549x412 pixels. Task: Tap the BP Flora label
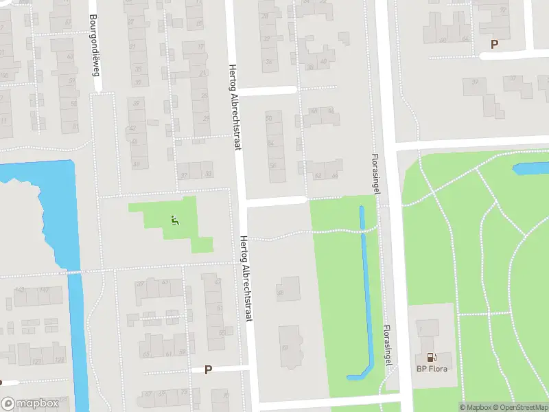click(x=433, y=369)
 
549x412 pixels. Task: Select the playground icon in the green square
click(x=174, y=220)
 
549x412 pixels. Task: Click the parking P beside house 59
click(x=208, y=369)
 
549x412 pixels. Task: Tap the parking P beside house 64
click(x=493, y=44)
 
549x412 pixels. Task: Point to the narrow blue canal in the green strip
click(x=365, y=288)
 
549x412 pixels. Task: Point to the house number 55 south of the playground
click(x=221, y=332)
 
